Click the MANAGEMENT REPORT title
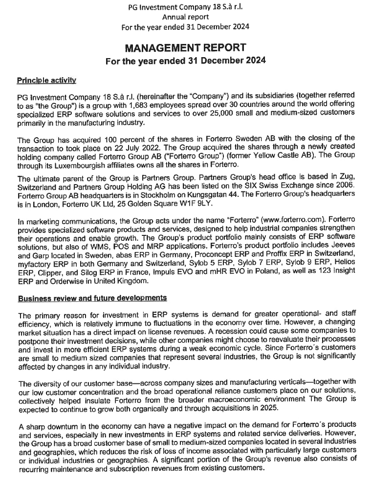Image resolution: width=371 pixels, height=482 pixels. (185, 48)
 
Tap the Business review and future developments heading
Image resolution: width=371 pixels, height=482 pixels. (92, 298)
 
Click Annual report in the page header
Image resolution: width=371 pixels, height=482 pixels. (185, 16)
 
